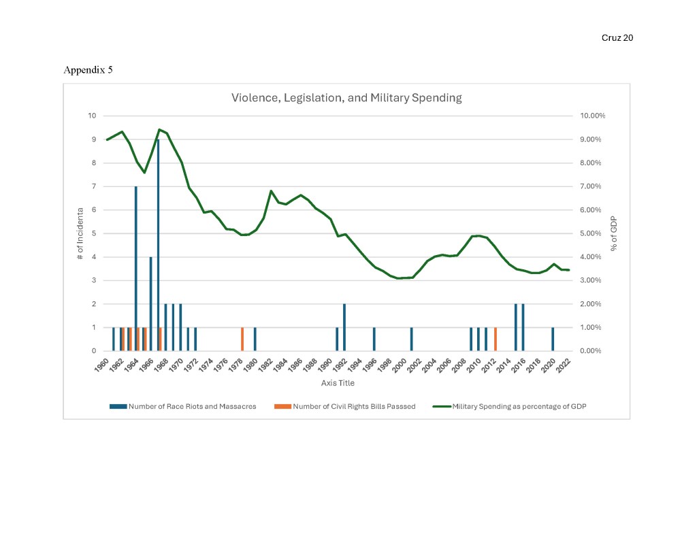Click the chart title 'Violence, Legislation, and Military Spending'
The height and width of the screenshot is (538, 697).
click(346, 97)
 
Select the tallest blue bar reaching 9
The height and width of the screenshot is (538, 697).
click(158, 245)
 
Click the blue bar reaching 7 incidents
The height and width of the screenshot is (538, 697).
click(136, 269)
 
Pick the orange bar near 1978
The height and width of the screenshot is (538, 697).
click(242, 339)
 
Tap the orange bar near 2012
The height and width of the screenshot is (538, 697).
click(496, 339)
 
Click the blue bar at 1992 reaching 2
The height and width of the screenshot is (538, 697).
click(344, 327)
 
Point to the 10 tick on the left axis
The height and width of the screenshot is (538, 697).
click(92, 116)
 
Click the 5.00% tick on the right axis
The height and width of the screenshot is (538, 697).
click(593, 233)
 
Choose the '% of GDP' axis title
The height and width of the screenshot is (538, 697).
click(613, 233)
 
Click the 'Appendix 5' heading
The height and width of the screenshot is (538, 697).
click(88, 70)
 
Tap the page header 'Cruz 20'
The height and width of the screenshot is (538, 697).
click(617, 38)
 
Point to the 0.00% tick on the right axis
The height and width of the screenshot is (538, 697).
click(593, 351)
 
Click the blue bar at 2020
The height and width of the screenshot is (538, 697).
click(553, 339)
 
